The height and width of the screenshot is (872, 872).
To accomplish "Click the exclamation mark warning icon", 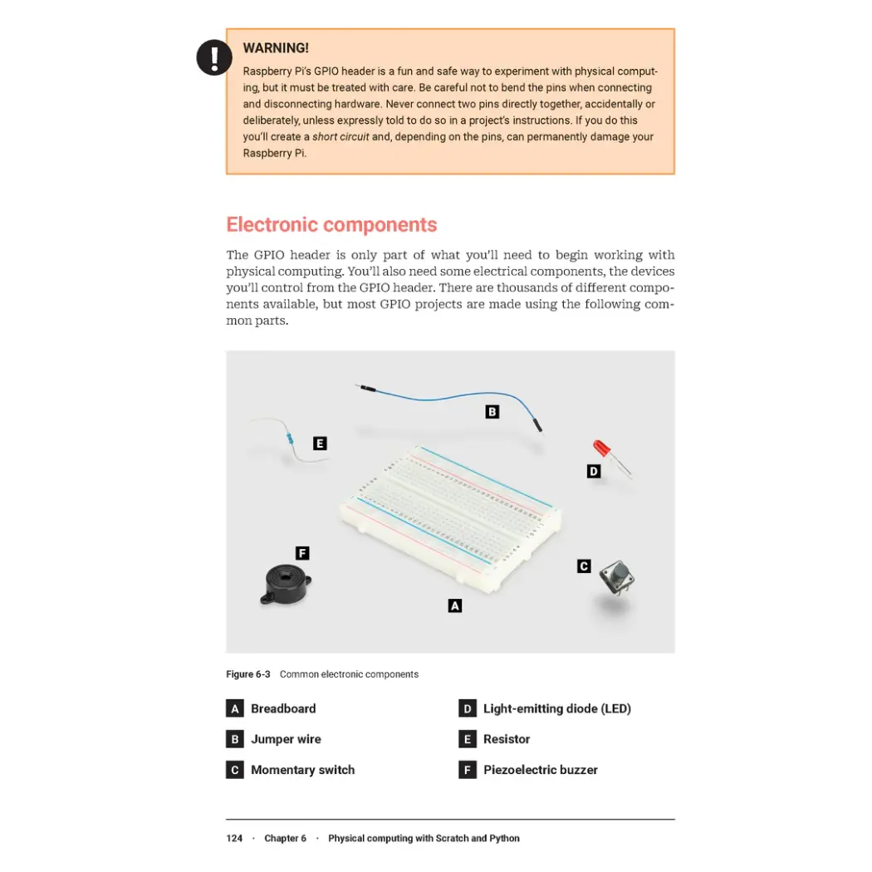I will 214,57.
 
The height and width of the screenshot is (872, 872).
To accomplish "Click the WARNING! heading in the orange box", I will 276,48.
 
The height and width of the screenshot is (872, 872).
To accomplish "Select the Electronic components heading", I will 331,225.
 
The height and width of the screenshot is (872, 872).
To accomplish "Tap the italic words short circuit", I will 340,137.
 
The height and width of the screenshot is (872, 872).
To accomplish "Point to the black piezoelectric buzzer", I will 285,584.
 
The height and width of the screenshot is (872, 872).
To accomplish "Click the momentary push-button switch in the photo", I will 616,576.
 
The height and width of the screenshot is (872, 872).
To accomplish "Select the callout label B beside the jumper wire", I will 492,412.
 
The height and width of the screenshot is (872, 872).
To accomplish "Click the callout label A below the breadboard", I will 455,606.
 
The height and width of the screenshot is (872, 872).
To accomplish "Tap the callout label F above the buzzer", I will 302,553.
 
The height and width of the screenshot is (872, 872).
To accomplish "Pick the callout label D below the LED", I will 594,472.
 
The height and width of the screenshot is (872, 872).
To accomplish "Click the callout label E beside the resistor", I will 320,443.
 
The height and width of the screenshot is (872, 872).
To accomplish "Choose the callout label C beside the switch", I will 584,566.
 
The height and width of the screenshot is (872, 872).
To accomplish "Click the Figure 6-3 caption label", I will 248,674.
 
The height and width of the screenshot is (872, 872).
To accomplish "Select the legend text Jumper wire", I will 286,739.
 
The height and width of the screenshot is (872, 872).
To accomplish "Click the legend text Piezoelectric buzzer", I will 540,770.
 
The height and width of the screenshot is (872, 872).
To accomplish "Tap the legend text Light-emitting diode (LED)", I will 556,708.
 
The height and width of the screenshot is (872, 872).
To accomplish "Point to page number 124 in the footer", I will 234,838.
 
